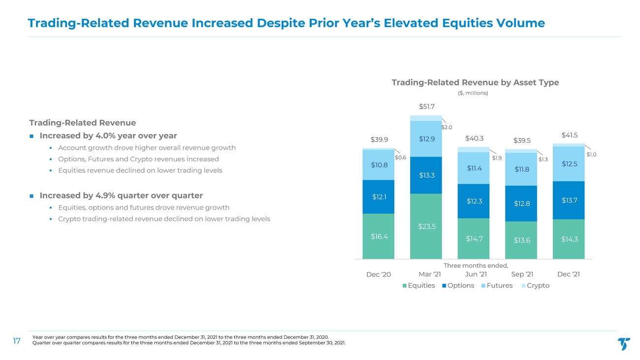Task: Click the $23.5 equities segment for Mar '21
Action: pyautogui.click(x=426, y=226)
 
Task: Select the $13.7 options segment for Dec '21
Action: pyautogui.click(x=569, y=200)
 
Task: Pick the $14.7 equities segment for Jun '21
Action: pyautogui.click(x=474, y=238)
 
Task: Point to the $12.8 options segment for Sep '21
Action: pyautogui.click(x=521, y=203)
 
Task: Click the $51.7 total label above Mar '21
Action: pyautogui.click(x=427, y=106)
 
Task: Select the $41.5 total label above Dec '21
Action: pyautogui.click(x=570, y=135)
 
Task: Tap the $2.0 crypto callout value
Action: pyautogui.click(x=447, y=128)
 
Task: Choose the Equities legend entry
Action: pyautogui.click(x=418, y=286)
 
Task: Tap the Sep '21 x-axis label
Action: pyautogui.click(x=522, y=274)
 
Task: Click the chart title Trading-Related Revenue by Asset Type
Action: pyautogui.click(x=475, y=82)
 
